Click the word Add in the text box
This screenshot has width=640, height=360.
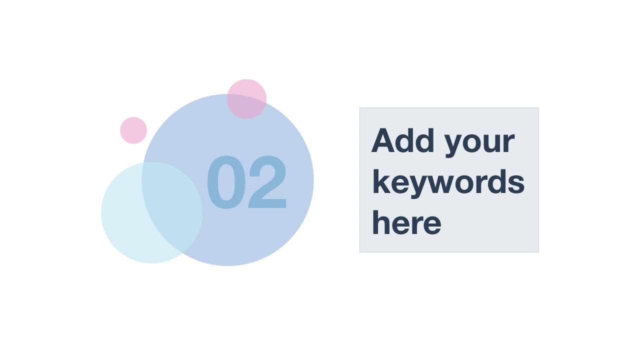[402, 141]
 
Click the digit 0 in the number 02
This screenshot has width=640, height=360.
[224, 183]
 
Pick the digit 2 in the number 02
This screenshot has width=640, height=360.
[267, 183]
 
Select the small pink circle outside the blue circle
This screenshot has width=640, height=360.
[133, 130]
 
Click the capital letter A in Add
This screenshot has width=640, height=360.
[383, 141]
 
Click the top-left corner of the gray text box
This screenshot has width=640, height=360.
[360, 108]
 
